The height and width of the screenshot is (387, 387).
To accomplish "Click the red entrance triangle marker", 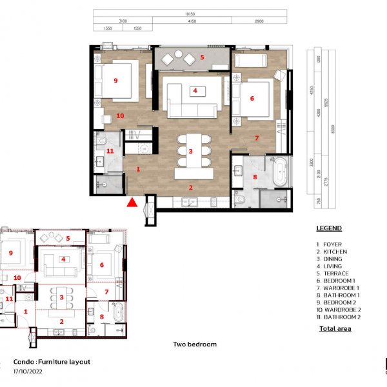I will click(x=132, y=203).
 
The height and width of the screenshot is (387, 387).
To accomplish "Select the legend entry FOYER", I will click(x=331, y=244).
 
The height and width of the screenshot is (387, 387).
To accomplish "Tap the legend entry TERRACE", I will click(x=334, y=273).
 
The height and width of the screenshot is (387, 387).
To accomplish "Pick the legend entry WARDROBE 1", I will click(x=338, y=288).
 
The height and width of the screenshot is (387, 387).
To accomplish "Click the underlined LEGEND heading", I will click(x=329, y=228).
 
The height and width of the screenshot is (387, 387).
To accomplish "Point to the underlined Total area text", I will click(x=335, y=329).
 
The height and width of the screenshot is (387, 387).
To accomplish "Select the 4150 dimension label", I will click(x=191, y=21).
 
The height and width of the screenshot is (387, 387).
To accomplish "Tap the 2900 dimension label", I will click(x=259, y=21).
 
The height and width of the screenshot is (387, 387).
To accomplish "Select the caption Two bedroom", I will click(x=195, y=344).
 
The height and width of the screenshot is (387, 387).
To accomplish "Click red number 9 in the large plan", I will click(x=115, y=81).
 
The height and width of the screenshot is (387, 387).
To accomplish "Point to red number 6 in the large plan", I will click(x=252, y=99).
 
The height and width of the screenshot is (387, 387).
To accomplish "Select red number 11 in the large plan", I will click(x=110, y=151).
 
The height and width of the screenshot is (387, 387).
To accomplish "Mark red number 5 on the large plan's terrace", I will click(x=202, y=57).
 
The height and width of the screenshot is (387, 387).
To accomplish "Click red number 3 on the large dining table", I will click(x=190, y=151).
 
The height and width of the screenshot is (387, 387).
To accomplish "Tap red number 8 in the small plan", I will click(x=102, y=317).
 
